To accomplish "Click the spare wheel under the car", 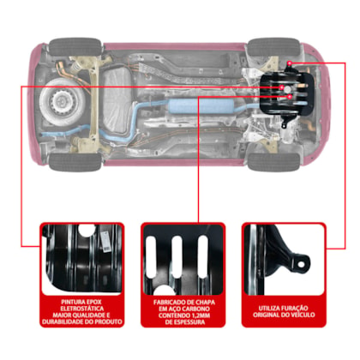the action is click(62, 101).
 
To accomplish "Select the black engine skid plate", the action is click(286, 95).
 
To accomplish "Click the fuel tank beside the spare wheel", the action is click(117, 101).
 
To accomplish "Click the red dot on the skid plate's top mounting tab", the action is click(290, 63).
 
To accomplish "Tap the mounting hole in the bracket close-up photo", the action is click(301, 264).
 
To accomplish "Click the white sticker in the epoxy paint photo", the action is click(106, 242).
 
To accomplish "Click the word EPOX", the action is click(92, 302).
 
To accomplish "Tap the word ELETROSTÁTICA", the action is click(82, 309).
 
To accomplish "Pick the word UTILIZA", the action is click(268, 309).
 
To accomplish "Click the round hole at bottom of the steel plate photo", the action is click(164, 291).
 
